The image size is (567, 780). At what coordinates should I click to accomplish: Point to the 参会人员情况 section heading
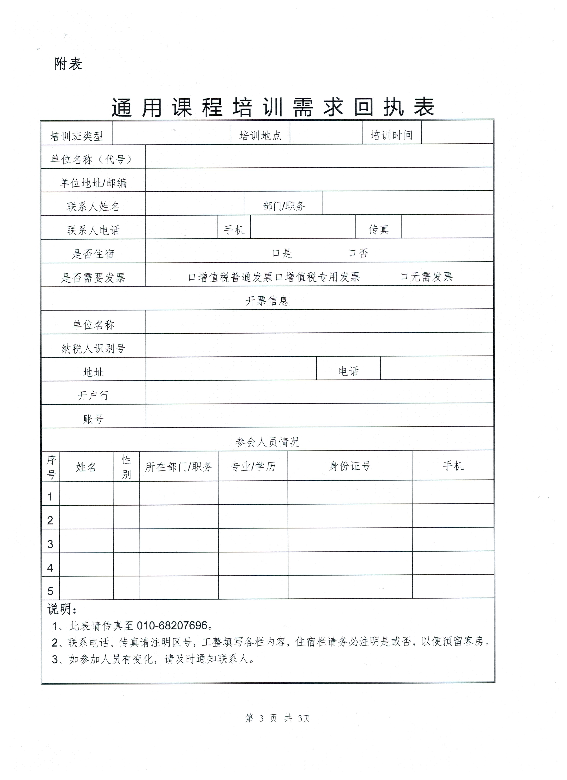tap(267, 442)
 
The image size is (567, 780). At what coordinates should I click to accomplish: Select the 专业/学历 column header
tap(253, 466)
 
